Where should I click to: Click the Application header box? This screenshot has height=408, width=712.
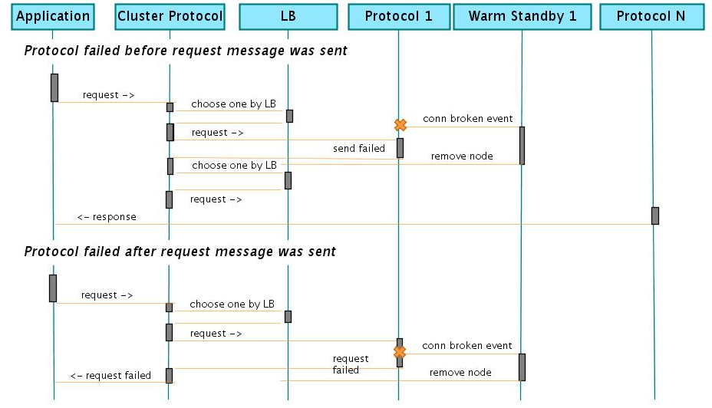52,16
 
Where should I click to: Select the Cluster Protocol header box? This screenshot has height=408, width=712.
170,16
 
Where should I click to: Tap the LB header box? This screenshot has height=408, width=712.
288,16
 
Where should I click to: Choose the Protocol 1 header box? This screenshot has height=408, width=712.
398,16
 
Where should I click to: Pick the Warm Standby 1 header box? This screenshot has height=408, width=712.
522,16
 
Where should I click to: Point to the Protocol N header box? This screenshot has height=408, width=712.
651,16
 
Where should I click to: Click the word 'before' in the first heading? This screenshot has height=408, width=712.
154,51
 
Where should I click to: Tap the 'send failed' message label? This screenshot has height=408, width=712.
358,148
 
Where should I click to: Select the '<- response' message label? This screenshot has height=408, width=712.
107,217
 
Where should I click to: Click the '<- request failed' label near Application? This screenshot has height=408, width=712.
110,376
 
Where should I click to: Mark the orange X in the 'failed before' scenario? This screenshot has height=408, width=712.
400,124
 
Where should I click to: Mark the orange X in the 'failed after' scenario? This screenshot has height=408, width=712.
400,352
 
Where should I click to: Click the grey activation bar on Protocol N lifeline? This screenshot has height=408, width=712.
654,216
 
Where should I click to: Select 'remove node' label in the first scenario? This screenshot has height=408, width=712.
462,156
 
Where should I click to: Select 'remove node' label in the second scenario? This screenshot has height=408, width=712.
460,373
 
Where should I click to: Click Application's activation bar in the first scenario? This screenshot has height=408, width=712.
54,87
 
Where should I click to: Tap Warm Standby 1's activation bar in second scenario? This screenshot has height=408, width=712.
522,367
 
